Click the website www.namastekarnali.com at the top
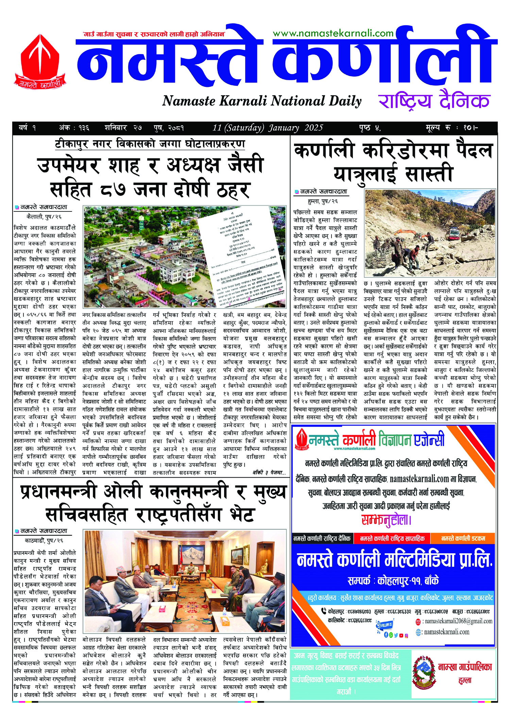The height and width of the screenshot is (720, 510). [333, 33]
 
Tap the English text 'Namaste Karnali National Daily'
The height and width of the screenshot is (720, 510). [261, 101]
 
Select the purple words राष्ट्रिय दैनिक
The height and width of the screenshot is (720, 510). [434, 101]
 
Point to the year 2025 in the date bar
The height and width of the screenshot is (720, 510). [313, 128]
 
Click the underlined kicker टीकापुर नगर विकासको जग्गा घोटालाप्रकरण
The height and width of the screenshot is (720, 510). [150, 144]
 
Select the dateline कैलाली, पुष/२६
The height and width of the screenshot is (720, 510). [44, 216]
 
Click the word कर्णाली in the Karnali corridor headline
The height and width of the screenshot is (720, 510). [324, 151]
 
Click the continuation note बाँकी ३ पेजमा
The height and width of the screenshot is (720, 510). [269, 473]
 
